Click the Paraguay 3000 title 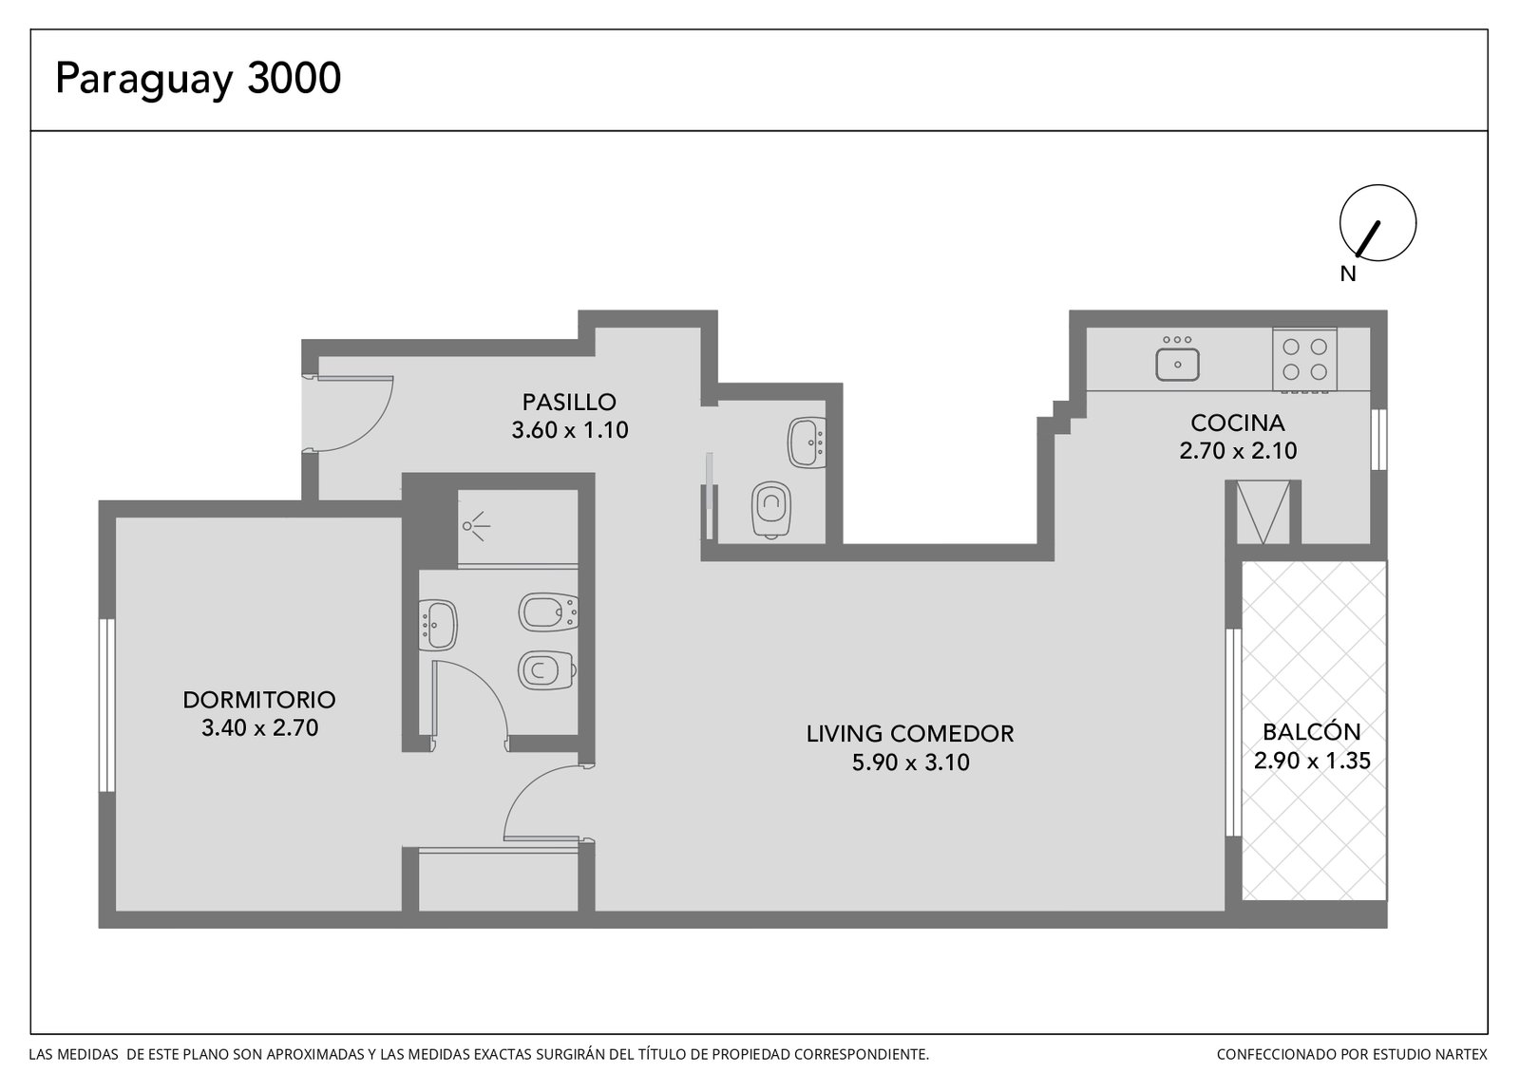click(198, 80)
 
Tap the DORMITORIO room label click(259, 699)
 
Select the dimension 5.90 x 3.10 click(911, 762)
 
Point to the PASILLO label click(569, 403)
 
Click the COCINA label click(1238, 423)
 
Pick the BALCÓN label click(1312, 732)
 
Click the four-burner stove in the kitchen click(1304, 360)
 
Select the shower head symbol click(475, 526)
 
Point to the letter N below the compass click(1348, 274)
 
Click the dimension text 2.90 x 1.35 click(1312, 761)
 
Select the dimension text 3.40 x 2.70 click(259, 727)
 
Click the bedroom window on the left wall click(106, 705)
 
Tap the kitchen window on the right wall click(1378, 439)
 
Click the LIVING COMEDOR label click(910, 733)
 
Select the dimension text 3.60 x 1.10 click(569, 430)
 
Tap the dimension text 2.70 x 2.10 click(1238, 451)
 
